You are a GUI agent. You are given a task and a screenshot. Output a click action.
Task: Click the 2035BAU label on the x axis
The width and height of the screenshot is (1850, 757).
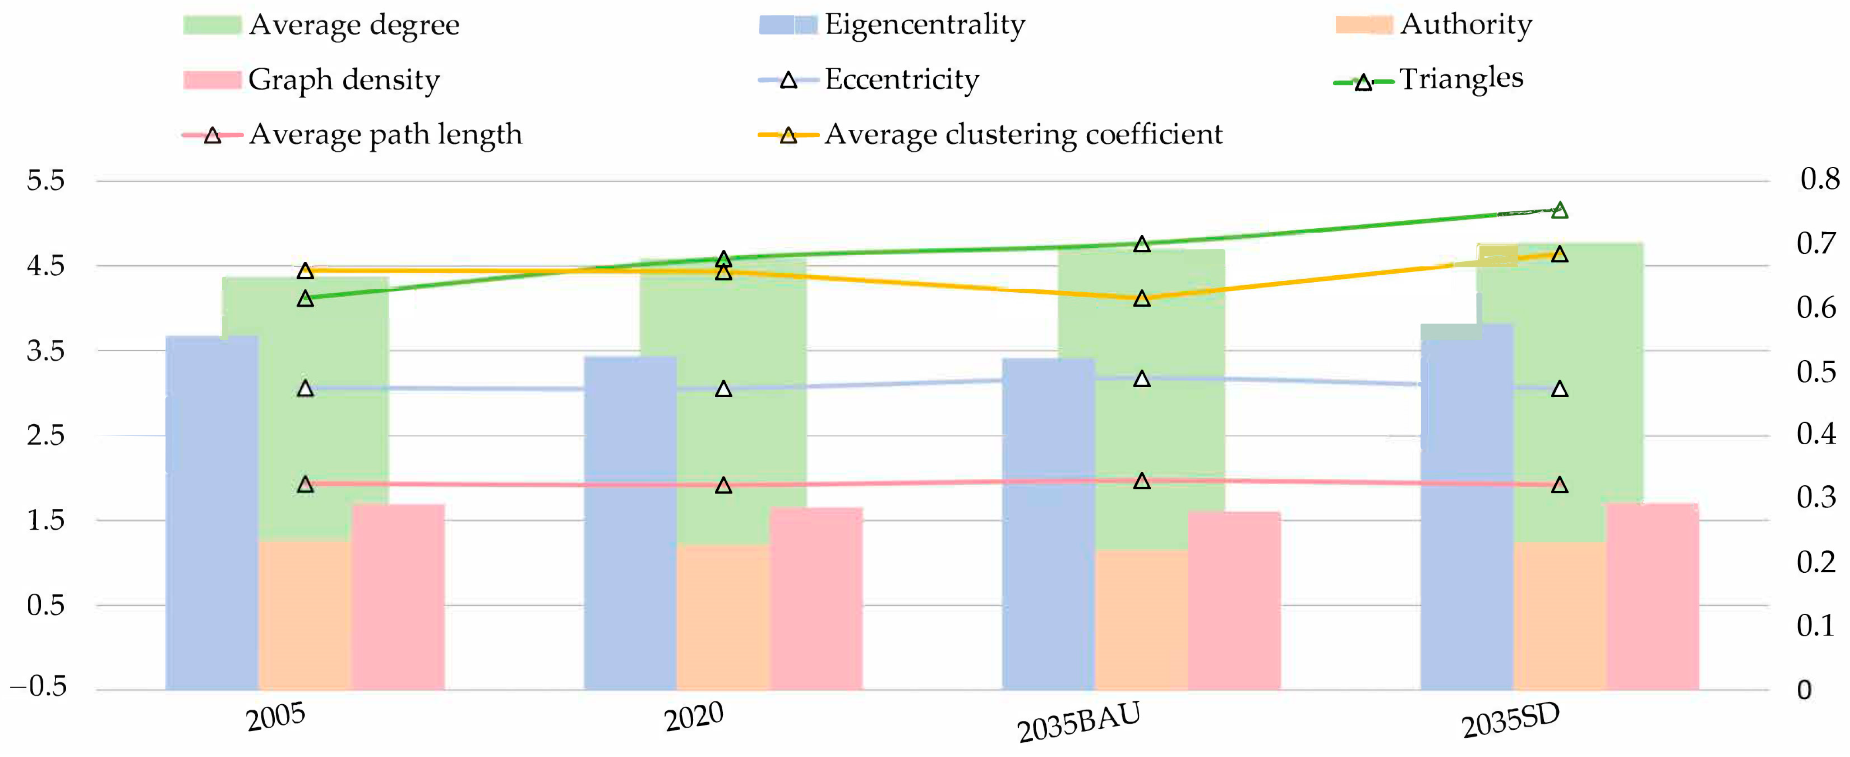pyautogui.click(x=1078, y=722)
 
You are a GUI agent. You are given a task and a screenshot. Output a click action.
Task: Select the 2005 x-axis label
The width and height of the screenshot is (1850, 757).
pyautogui.click(x=276, y=717)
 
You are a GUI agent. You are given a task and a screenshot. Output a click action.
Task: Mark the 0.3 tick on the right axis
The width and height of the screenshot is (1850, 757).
pyautogui.click(x=1816, y=497)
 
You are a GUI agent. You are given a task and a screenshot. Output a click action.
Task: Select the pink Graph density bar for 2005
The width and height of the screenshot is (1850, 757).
pyautogui.click(x=398, y=597)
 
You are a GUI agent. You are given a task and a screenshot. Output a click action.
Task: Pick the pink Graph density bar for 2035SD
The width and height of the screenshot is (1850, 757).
pyautogui.click(x=1652, y=597)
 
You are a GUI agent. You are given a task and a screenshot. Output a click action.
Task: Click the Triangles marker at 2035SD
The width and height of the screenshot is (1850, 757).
pyautogui.click(x=1559, y=210)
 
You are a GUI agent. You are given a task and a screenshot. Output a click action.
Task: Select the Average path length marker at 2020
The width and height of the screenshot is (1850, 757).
pyautogui.click(x=723, y=486)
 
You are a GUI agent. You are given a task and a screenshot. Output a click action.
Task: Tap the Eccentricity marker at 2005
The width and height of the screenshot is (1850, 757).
pyautogui.click(x=305, y=389)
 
